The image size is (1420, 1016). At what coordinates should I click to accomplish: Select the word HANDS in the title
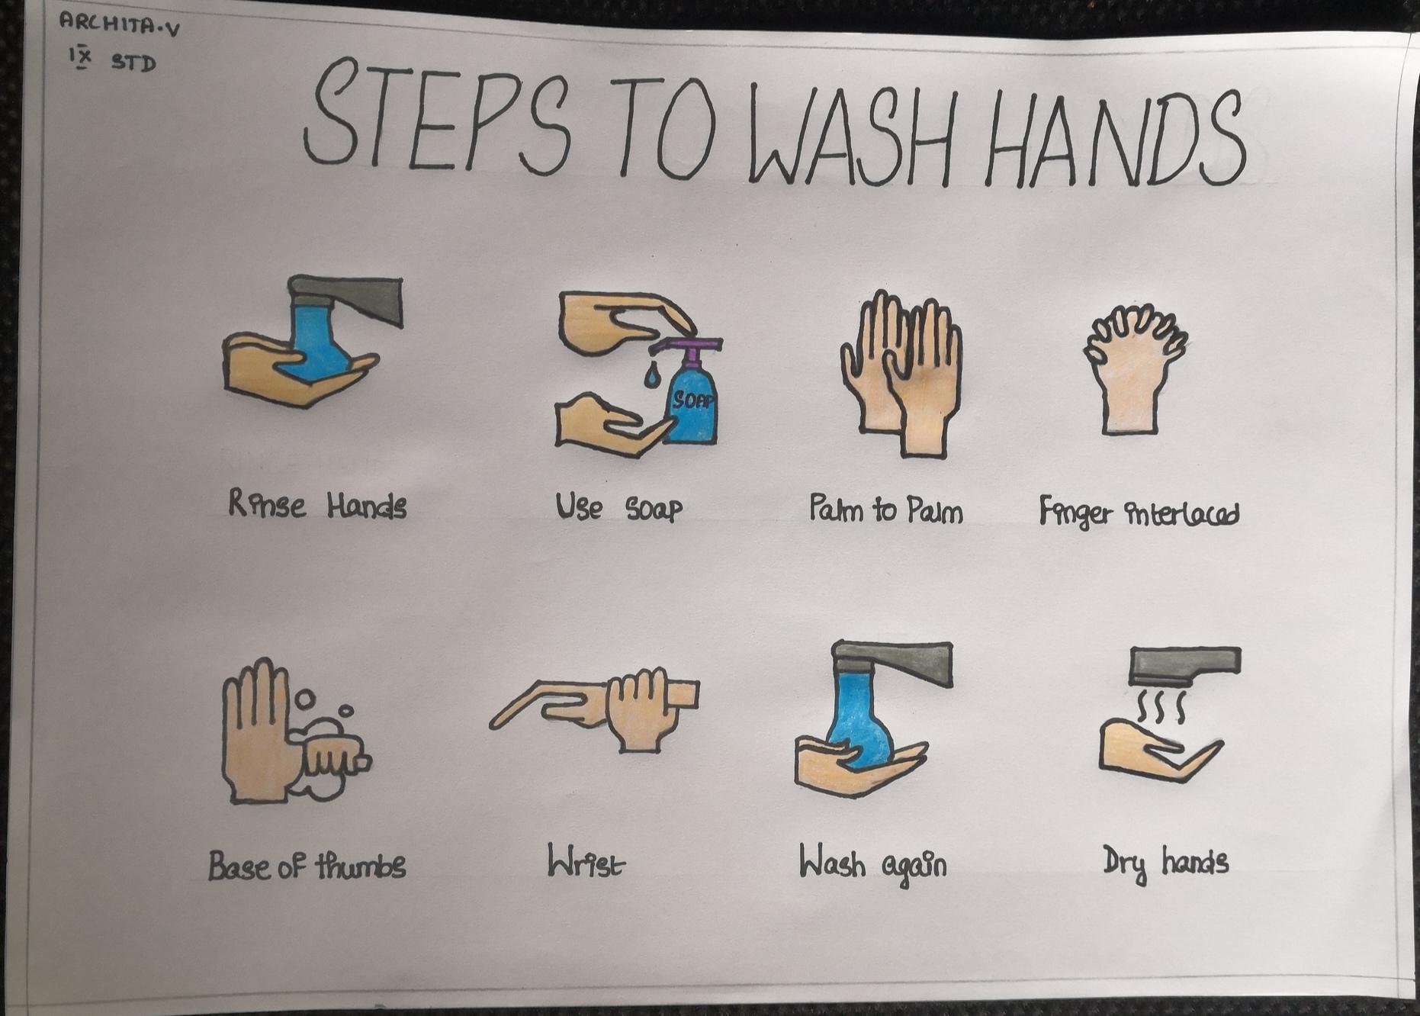click(1114, 138)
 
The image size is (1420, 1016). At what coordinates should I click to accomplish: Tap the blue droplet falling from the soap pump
click(652, 375)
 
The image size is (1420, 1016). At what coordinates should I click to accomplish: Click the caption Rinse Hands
click(317, 505)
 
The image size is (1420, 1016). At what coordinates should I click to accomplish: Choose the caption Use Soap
click(618, 507)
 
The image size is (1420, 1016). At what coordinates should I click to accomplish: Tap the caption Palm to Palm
click(885, 510)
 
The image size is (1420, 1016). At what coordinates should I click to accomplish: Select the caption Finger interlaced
click(1139, 513)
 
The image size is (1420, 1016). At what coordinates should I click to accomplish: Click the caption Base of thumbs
click(307, 866)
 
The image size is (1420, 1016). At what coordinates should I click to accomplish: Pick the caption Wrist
click(586, 862)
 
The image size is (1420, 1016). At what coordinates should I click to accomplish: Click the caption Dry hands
click(1165, 863)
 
